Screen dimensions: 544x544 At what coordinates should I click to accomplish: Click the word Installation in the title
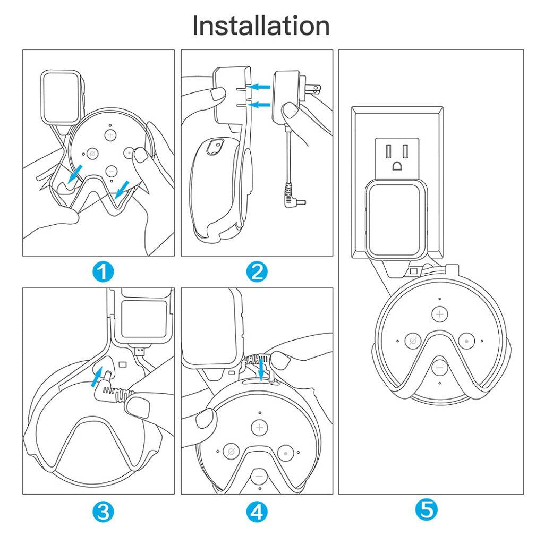261,25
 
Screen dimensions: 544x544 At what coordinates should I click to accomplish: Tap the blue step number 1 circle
103,271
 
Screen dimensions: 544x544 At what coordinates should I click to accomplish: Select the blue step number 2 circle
257,271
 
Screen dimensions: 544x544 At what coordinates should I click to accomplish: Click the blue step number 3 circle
103,511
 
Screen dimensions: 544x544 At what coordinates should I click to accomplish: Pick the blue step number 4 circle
257,511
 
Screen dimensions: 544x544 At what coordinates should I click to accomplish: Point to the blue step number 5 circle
427,509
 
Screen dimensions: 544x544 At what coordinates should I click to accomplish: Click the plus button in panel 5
439,314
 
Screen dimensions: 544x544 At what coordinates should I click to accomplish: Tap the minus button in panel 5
440,367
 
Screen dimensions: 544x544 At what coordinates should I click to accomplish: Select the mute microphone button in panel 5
413,341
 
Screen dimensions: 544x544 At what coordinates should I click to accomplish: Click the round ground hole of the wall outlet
397,166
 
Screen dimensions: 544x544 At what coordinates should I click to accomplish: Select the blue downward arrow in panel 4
261,370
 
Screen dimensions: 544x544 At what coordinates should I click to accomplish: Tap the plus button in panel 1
110,134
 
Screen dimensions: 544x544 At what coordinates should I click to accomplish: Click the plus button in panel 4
259,428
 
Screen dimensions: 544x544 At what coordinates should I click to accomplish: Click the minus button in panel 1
111,171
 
